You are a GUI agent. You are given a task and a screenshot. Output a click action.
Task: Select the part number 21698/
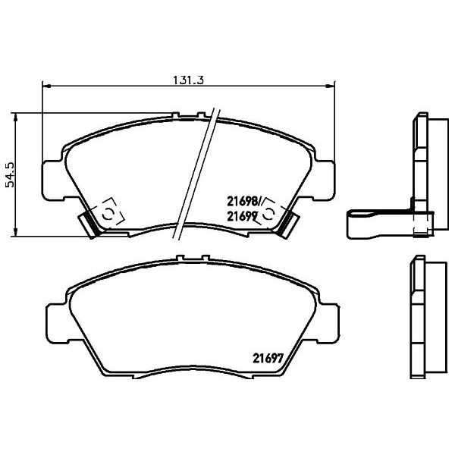tap(244, 202)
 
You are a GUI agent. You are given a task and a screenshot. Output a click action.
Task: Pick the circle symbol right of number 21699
tap(275, 215)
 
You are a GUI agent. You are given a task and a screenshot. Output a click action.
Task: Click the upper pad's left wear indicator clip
tap(89, 224)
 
